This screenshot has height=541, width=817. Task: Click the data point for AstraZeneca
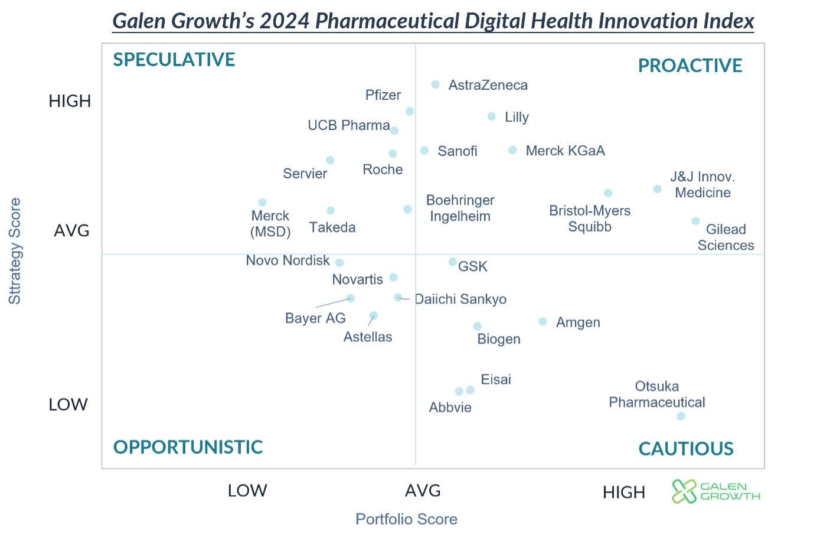coord(436,85)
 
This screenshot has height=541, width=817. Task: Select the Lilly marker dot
coord(492,117)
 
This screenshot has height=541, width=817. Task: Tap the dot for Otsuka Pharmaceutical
coord(681,416)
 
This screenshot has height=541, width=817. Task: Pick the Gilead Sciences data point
coord(696,221)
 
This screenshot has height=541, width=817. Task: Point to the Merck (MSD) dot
coord(263,203)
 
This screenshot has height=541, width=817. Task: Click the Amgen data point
coord(543,322)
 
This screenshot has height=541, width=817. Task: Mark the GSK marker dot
coord(453,262)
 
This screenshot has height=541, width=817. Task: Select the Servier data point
coord(331,161)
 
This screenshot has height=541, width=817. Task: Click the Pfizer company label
coord(383,95)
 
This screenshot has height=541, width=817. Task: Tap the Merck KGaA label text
coord(566,151)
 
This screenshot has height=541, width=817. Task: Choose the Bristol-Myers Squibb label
coord(590,219)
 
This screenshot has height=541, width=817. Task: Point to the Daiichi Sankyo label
coord(461,299)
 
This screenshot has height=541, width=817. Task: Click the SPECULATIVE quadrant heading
coord(174,60)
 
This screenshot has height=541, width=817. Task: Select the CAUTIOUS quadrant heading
coord(686,449)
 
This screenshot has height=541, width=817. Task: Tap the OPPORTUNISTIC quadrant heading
coord(188,447)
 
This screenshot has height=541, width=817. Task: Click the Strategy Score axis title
coord(15,251)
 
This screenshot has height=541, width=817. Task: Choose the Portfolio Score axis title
coord(407,519)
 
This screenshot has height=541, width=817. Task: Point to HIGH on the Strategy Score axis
coord(70,102)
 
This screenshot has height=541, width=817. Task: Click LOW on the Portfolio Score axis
coord(247,491)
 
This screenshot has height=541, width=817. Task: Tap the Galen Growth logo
coord(716,491)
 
